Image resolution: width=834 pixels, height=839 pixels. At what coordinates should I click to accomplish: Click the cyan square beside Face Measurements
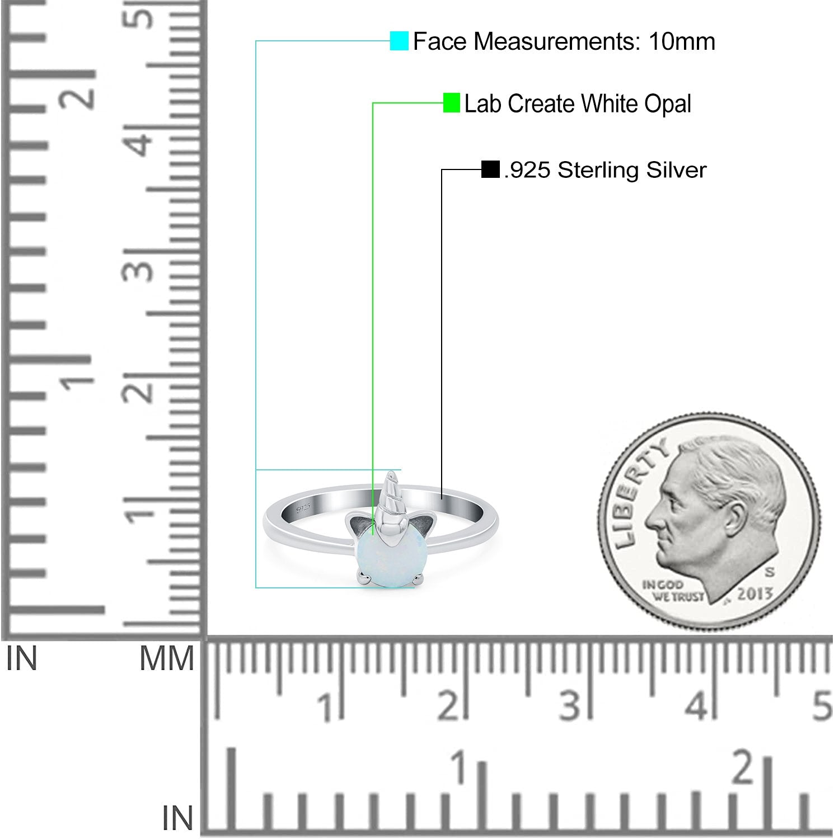399,41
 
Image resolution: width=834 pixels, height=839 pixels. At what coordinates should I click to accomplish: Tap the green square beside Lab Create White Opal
451,103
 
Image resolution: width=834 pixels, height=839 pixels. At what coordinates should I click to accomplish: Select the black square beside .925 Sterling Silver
490,169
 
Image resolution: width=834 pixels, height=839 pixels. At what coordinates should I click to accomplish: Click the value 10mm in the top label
682,41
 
